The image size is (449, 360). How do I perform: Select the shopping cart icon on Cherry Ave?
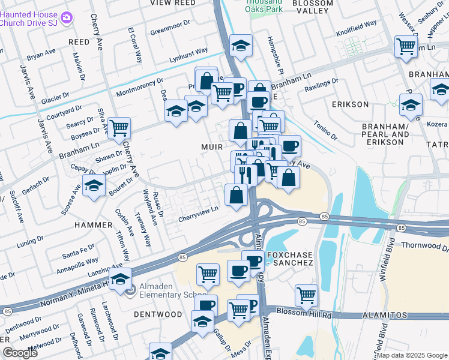click(119, 128)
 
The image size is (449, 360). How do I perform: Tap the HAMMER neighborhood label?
click(93, 224)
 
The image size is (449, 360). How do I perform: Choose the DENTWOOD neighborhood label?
click(157, 314)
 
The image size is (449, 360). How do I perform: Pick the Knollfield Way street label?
click(357, 28)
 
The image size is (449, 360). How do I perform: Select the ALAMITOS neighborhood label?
click(385, 315)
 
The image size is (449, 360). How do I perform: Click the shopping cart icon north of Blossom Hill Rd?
click(306, 295)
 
